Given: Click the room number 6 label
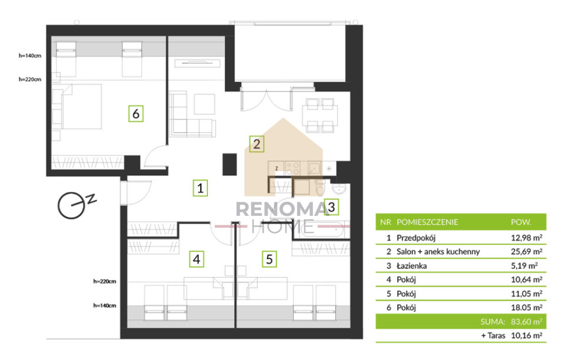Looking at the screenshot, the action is [x=136, y=114].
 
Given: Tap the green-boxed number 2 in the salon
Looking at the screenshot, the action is [x=257, y=144].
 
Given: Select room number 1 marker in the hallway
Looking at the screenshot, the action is [x=200, y=188].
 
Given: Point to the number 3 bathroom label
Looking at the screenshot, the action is [x=331, y=207].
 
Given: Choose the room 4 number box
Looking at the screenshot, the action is [x=197, y=259].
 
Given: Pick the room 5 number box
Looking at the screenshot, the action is [x=269, y=259].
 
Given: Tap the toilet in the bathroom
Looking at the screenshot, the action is [x=320, y=188].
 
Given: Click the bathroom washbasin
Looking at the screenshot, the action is [x=339, y=188].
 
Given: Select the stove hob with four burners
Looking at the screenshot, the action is [x=292, y=168].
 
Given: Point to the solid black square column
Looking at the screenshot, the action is [x=229, y=164].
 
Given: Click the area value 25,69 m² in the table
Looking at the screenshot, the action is [x=527, y=252].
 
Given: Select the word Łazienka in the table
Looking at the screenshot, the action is [x=411, y=266].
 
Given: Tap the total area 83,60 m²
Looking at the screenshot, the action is [x=527, y=322].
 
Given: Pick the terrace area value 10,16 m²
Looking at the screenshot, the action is [x=527, y=335].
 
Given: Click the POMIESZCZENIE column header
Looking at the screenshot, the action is [x=427, y=222].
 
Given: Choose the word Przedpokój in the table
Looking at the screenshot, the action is [x=416, y=238].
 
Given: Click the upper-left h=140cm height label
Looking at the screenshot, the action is [x=30, y=55].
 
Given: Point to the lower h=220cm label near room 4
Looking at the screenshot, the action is [x=105, y=281].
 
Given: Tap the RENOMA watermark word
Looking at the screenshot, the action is [x=282, y=209].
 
